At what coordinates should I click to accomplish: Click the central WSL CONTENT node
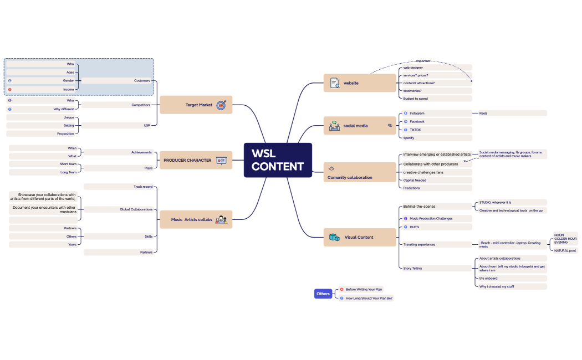tap(278, 160)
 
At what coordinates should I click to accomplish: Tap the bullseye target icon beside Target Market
tap(221, 105)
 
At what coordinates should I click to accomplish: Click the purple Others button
tap(323, 294)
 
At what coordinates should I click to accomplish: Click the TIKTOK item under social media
tap(416, 130)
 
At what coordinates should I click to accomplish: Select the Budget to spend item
tap(416, 99)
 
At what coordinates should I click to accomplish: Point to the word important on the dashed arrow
tap(423, 61)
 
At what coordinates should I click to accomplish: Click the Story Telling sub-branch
tap(413, 268)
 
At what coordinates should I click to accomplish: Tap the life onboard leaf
tap(488, 278)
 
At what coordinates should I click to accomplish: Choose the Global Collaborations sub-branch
tap(136, 209)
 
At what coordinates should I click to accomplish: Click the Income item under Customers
tap(69, 89)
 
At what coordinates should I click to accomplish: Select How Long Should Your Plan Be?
tap(369, 298)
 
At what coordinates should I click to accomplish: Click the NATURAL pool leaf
tap(565, 250)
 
